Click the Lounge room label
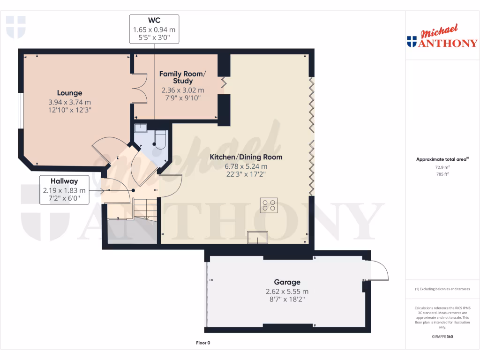point(69,93)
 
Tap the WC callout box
point(154,29)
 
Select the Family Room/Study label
point(182,77)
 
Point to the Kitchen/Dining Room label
point(246,157)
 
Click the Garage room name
point(287,282)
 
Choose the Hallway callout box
point(64,189)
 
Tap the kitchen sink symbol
point(258,237)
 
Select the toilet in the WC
point(159,140)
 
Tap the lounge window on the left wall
point(20,110)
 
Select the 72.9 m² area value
point(442,167)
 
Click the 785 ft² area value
point(442,174)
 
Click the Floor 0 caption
point(203,343)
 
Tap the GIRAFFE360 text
point(442,337)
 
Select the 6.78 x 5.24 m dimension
point(246,166)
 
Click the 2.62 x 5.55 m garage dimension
point(287,291)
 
